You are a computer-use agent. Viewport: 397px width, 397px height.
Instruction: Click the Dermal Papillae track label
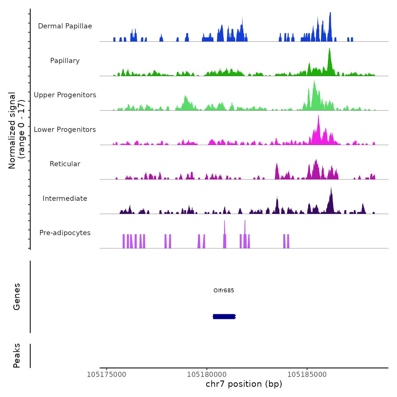point(65,26)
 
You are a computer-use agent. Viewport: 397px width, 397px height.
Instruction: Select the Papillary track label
point(65,61)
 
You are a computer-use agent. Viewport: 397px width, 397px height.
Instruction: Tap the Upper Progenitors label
point(65,95)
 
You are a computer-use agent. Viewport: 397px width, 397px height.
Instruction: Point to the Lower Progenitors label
point(65,130)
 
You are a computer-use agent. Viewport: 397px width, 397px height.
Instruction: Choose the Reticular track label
point(65,164)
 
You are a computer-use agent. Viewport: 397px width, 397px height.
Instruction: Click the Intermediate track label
point(65,198)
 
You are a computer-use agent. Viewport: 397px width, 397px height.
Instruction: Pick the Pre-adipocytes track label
point(65,233)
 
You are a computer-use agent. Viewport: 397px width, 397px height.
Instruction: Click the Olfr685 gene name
point(224,290)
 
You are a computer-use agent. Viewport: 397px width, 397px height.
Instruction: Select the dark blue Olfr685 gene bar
point(224,316)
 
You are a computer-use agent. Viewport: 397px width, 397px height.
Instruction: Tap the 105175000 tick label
point(107,375)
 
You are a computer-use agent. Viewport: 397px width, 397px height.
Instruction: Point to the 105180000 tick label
point(207,375)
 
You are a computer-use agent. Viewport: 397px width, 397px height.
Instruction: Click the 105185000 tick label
point(307,375)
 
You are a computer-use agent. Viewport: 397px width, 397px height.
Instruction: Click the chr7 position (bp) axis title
point(244,384)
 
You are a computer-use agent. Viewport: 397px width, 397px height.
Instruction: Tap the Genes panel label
point(17,297)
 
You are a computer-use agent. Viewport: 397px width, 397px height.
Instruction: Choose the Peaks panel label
point(17,356)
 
